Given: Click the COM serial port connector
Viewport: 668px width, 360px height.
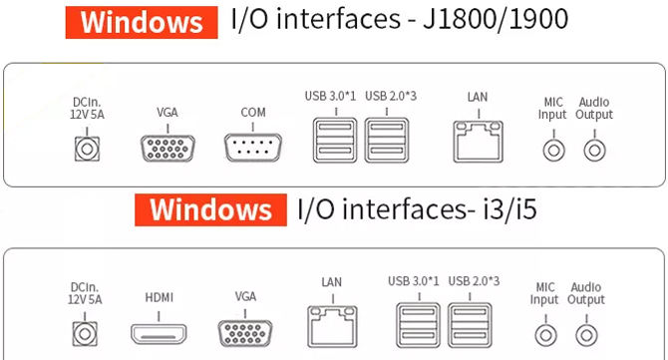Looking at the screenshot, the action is pyautogui.click(x=252, y=148).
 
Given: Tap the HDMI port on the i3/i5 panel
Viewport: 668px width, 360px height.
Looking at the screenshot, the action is pyautogui.click(x=159, y=334).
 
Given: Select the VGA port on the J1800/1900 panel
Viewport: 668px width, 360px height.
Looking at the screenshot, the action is pyautogui.click(x=167, y=149).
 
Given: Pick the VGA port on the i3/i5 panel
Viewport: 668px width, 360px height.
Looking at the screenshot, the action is pyautogui.click(x=245, y=333).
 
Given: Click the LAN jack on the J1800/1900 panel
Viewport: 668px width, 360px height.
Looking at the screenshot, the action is pyautogui.click(x=478, y=142).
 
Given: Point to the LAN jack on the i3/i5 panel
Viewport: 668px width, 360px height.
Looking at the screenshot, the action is pyautogui.click(x=332, y=326).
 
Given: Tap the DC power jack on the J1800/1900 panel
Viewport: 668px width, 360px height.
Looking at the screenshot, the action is pyautogui.click(x=87, y=149).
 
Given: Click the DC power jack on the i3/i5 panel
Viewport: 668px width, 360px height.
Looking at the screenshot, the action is pyautogui.click(x=85, y=334).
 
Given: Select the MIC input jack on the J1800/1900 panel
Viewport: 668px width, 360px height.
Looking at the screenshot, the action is pyautogui.click(x=553, y=150).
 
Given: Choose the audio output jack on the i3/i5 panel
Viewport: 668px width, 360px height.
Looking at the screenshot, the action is pyautogui.click(x=586, y=335).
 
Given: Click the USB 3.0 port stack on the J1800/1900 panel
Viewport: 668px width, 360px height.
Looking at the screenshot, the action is pyautogui.click(x=335, y=141).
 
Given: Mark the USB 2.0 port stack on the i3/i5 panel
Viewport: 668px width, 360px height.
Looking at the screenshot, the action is pyautogui.click(x=470, y=325).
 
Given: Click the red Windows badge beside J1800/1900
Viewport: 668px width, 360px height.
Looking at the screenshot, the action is pyautogui.click(x=142, y=22).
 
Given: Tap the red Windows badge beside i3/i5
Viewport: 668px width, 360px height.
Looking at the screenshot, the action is pyautogui.click(x=211, y=209).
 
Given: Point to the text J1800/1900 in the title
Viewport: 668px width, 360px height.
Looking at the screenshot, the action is pyautogui.click(x=496, y=19).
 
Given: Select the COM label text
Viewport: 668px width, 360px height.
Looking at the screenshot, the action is pyautogui.click(x=253, y=113).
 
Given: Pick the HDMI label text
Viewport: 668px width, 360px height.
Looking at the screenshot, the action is pyautogui.click(x=159, y=297).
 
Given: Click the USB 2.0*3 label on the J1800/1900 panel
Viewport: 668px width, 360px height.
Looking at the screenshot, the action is pyautogui.click(x=391, y=97).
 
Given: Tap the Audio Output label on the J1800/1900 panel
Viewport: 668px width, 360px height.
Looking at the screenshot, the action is pyautogui.click(x=594, y=109).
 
